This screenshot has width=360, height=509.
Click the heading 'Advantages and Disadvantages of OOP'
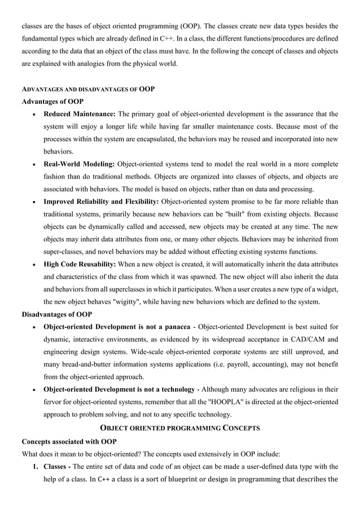click(87, 89)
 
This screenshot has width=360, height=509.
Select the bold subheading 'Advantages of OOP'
click(52, 102)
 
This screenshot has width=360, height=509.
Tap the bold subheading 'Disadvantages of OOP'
click(57, 314)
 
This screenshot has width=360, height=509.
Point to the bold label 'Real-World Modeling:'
click(79, 164)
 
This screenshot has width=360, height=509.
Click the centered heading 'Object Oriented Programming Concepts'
click(179, 428)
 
